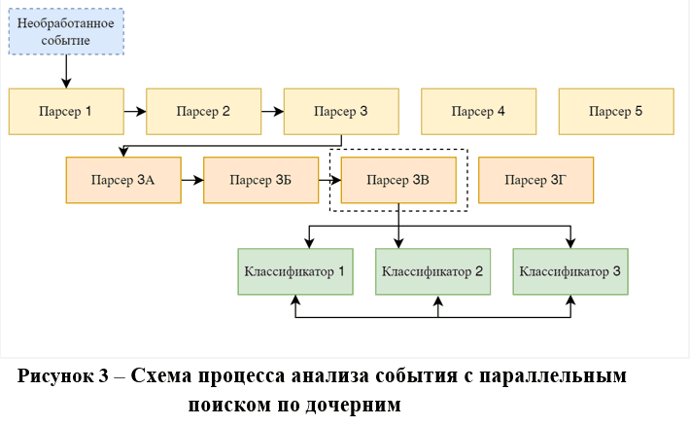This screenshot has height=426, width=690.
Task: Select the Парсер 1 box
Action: point(66,111)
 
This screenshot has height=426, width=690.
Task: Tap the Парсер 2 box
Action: point(203,111)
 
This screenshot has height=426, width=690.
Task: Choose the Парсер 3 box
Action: point(341,111)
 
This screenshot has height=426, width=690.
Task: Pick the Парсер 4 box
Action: point(478,111)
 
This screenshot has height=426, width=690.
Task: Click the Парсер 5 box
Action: point(616,111)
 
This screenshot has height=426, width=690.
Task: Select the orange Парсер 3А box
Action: point(123,180)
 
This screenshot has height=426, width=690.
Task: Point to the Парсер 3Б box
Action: point(261,180)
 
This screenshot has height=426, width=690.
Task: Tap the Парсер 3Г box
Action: point(536,180)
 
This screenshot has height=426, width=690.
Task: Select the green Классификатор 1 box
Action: point(295,271)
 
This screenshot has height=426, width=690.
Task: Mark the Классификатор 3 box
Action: point(570,271)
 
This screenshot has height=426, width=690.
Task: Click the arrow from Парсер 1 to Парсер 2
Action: point(135,111)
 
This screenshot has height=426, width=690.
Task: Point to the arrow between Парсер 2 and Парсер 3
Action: point(273,111)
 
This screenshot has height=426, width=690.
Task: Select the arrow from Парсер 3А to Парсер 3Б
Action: point(192,180)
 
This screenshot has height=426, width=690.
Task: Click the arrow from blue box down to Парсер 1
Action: point(66,70)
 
